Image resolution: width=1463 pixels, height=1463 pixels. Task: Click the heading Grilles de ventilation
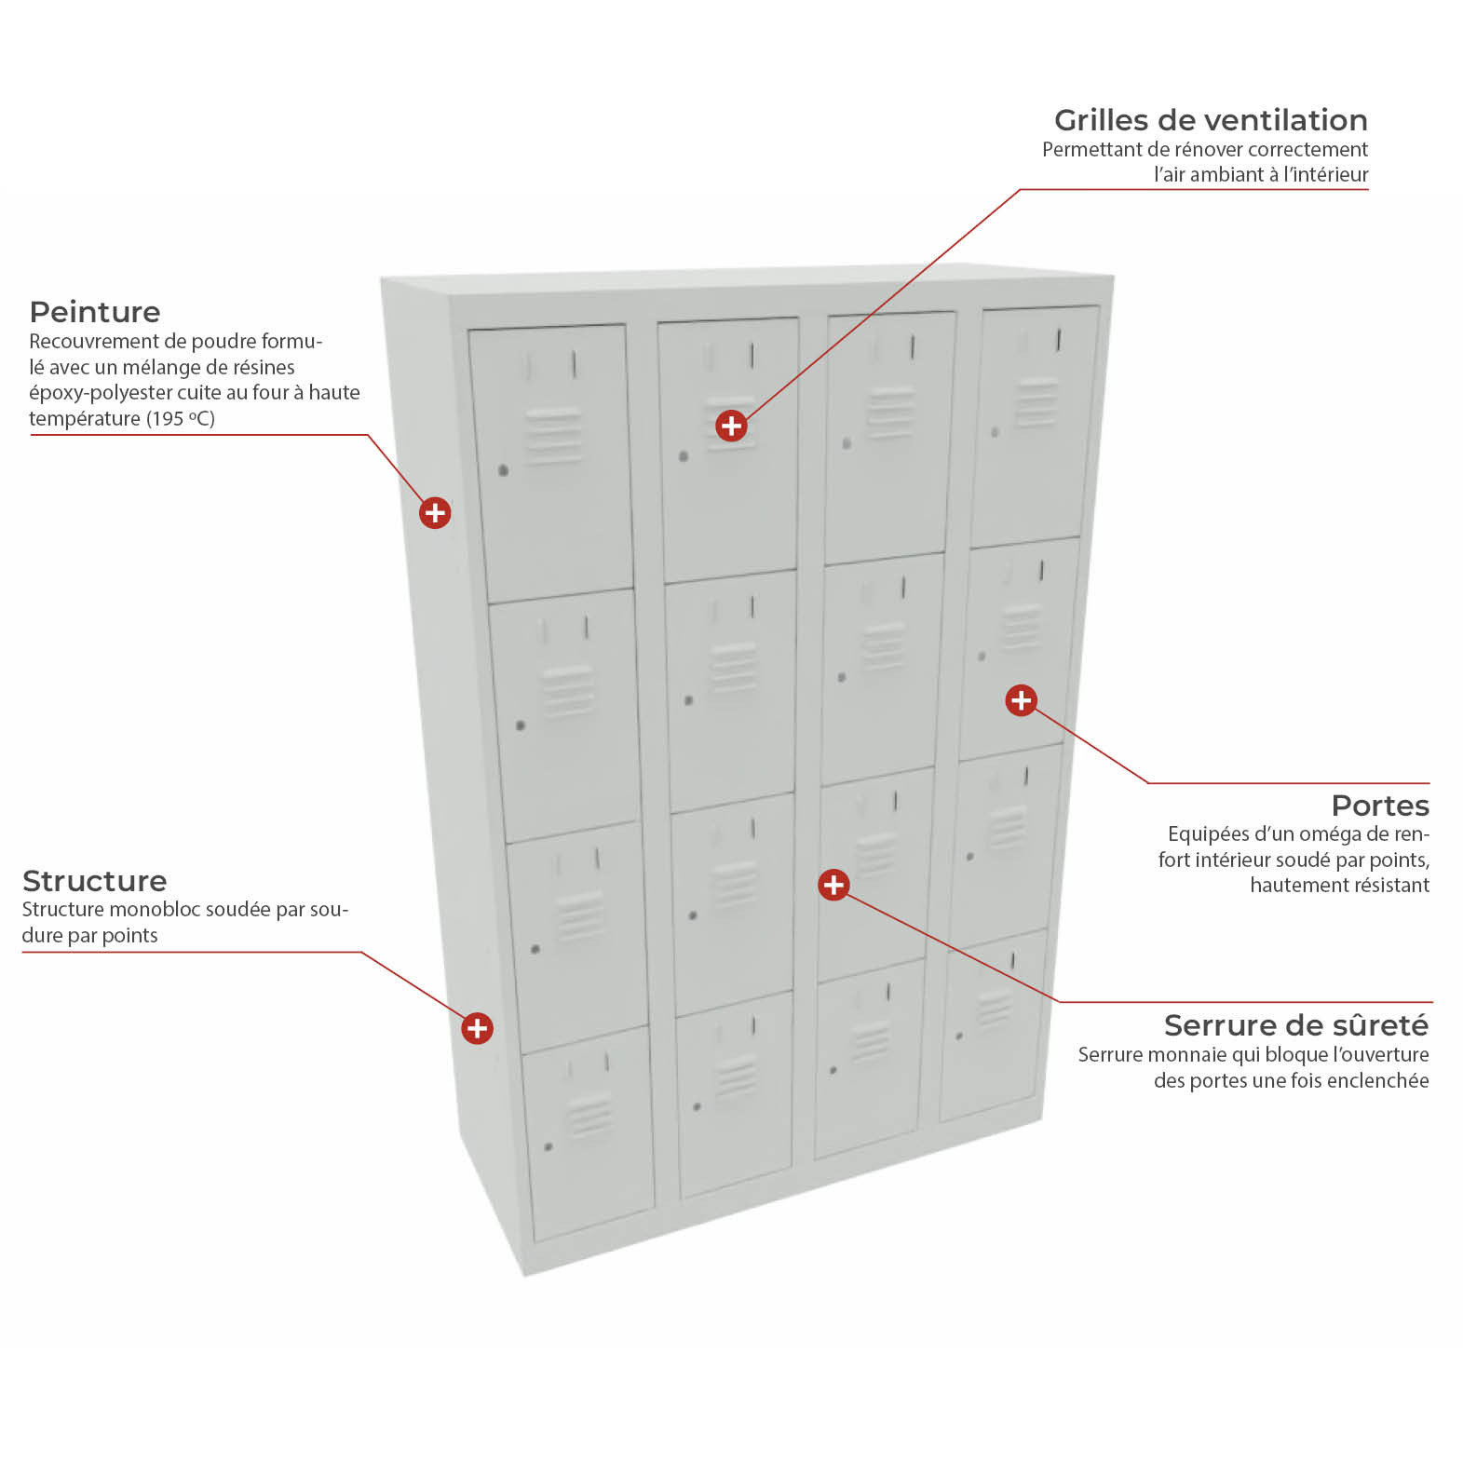1211,120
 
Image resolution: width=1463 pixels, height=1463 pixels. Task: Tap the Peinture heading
95,312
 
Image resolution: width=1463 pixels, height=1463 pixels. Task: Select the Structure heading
94,881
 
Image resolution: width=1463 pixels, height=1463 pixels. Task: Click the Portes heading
1380,806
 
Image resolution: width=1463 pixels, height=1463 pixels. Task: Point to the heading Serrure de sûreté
1296,1025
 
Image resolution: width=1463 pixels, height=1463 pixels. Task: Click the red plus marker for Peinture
435,512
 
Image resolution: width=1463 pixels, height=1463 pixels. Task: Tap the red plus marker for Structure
477,1028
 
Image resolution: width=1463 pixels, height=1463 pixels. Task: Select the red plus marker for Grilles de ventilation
731,426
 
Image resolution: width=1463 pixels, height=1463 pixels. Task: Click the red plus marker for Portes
1022,700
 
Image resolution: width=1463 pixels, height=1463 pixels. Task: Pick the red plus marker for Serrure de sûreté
833,885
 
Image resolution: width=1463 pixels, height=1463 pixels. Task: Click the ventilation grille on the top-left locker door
554,436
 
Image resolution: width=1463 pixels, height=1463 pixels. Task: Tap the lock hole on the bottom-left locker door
549,1146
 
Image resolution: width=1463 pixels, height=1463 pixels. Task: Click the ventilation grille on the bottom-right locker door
994,1008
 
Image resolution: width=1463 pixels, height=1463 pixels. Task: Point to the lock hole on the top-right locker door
995,432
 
